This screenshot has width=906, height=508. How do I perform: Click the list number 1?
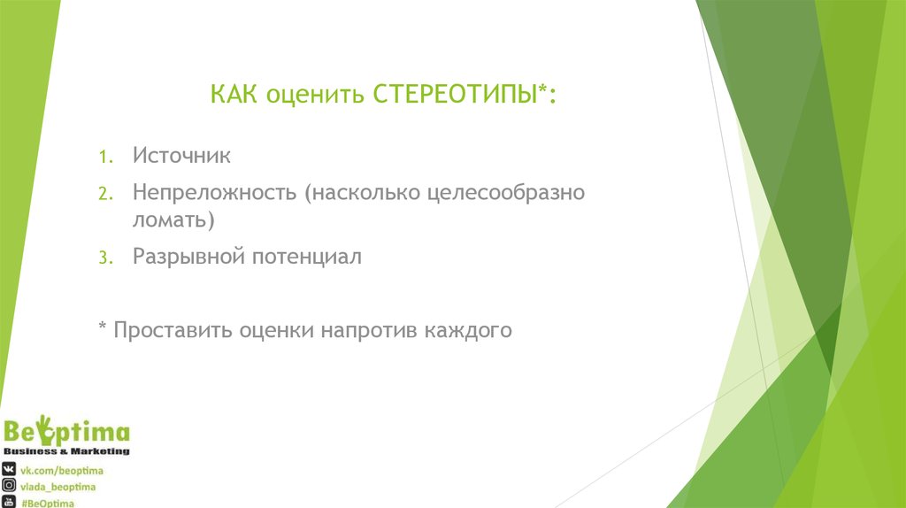click(x=104, y=158)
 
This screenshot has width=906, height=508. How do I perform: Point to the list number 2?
click(x=104, y=194)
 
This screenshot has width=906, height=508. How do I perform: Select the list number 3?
click(x=104, y=258)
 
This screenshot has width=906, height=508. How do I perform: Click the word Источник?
click(x=182, y=157)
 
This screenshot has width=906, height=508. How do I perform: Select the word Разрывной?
click(x=188, y=258)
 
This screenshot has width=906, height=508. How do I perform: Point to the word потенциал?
click(x=307, y=257)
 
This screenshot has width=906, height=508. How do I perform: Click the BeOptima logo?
click(x=66, y=433)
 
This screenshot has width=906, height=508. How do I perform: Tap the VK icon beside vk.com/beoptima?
click(x=9, y=470)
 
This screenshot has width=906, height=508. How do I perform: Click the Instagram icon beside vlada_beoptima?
click(x=9, y=486)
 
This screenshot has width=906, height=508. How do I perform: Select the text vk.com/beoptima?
click(x=62, y=470)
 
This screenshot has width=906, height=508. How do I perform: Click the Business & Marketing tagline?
click(x=66, y=451)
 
